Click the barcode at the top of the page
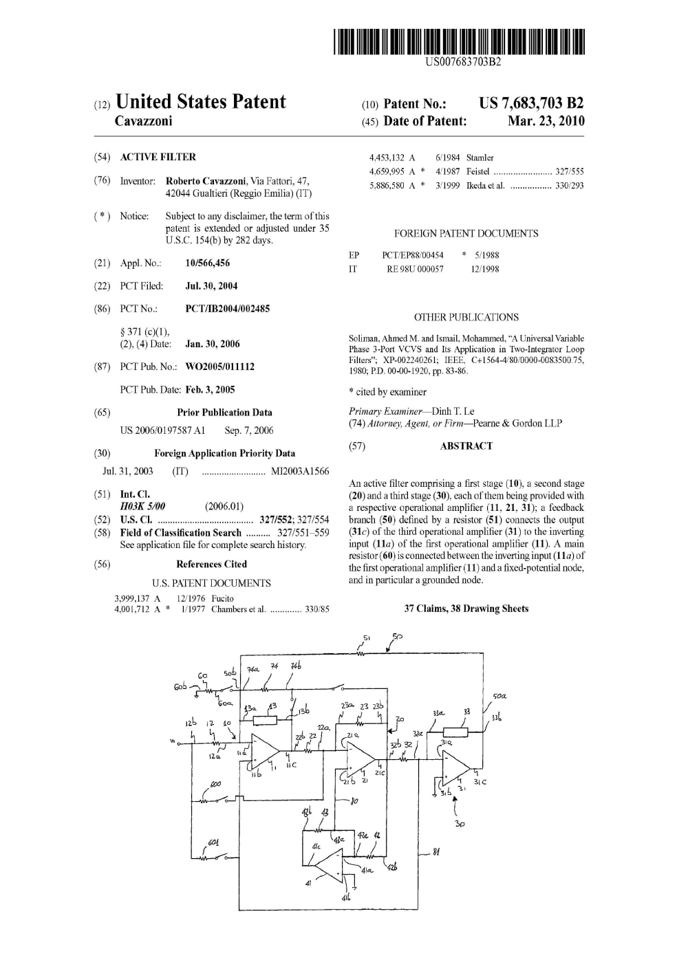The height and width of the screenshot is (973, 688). click(459, 42)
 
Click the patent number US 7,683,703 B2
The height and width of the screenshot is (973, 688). click(531, 103)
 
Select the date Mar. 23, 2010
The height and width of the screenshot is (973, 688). click(546, 121)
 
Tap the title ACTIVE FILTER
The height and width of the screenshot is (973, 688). click(158, 157)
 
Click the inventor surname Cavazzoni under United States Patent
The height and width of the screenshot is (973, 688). click(143, 121)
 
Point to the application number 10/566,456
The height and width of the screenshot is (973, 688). click(208, 263)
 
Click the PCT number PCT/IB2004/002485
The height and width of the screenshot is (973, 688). click(228, 309)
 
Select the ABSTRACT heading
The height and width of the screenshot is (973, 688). click(466, 446)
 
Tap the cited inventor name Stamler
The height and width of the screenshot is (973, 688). click(480, 157)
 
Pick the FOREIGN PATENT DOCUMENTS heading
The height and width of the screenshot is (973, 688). click(466, 234)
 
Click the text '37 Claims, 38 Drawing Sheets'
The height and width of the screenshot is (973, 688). click(466, 609)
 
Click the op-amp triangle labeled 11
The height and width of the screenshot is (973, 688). click(264, 751)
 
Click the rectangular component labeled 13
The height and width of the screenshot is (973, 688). click(265, 721)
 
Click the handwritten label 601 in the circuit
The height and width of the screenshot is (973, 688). click(214, 843)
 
